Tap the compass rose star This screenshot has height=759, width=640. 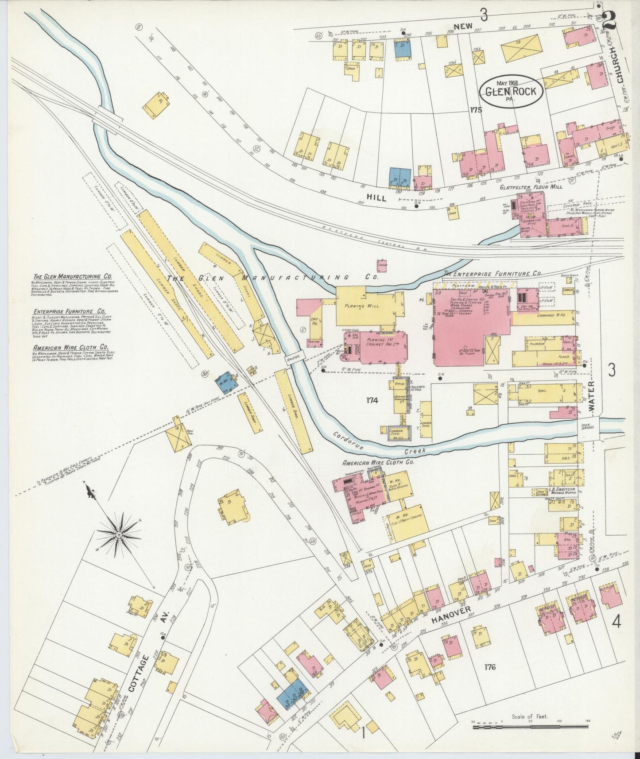click(119, 534)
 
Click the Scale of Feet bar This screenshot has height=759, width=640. click(529, 727)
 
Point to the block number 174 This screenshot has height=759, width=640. click(372, 400)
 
